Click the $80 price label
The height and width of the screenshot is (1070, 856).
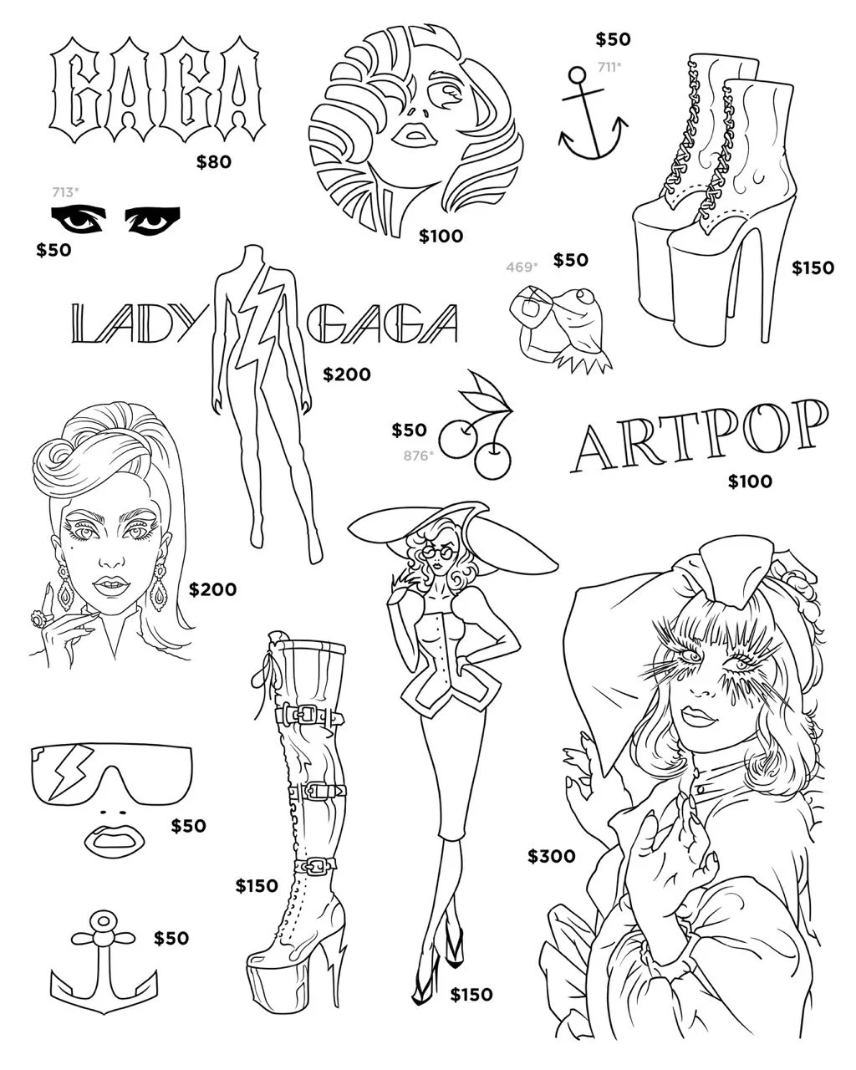pos(213,162)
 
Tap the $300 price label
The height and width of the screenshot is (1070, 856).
pos(551,856)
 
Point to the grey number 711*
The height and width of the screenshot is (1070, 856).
pos(609,66)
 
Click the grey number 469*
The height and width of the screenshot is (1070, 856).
pos(522,267)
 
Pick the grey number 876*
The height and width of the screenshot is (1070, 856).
pos(417,455)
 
